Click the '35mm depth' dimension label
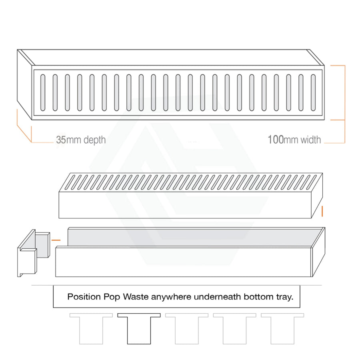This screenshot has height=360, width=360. [81, 140]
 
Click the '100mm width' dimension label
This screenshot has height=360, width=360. [294, 140]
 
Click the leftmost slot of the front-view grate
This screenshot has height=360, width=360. [43, 92]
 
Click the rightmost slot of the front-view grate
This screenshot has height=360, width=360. [313, 92]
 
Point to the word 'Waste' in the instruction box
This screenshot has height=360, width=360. [136, 297]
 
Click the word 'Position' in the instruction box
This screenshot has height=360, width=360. [84, 297]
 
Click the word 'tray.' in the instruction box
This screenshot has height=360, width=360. [284, 297]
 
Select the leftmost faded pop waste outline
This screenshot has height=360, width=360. [91, 328]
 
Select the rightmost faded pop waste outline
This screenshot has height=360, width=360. [282, 328]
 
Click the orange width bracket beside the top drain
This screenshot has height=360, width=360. [345, 104]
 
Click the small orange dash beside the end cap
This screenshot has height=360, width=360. [56, 240]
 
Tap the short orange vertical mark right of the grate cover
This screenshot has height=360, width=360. [322, 211]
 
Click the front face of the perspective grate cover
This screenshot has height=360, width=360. [185, 205]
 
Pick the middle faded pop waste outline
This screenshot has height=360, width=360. [187, 328]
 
